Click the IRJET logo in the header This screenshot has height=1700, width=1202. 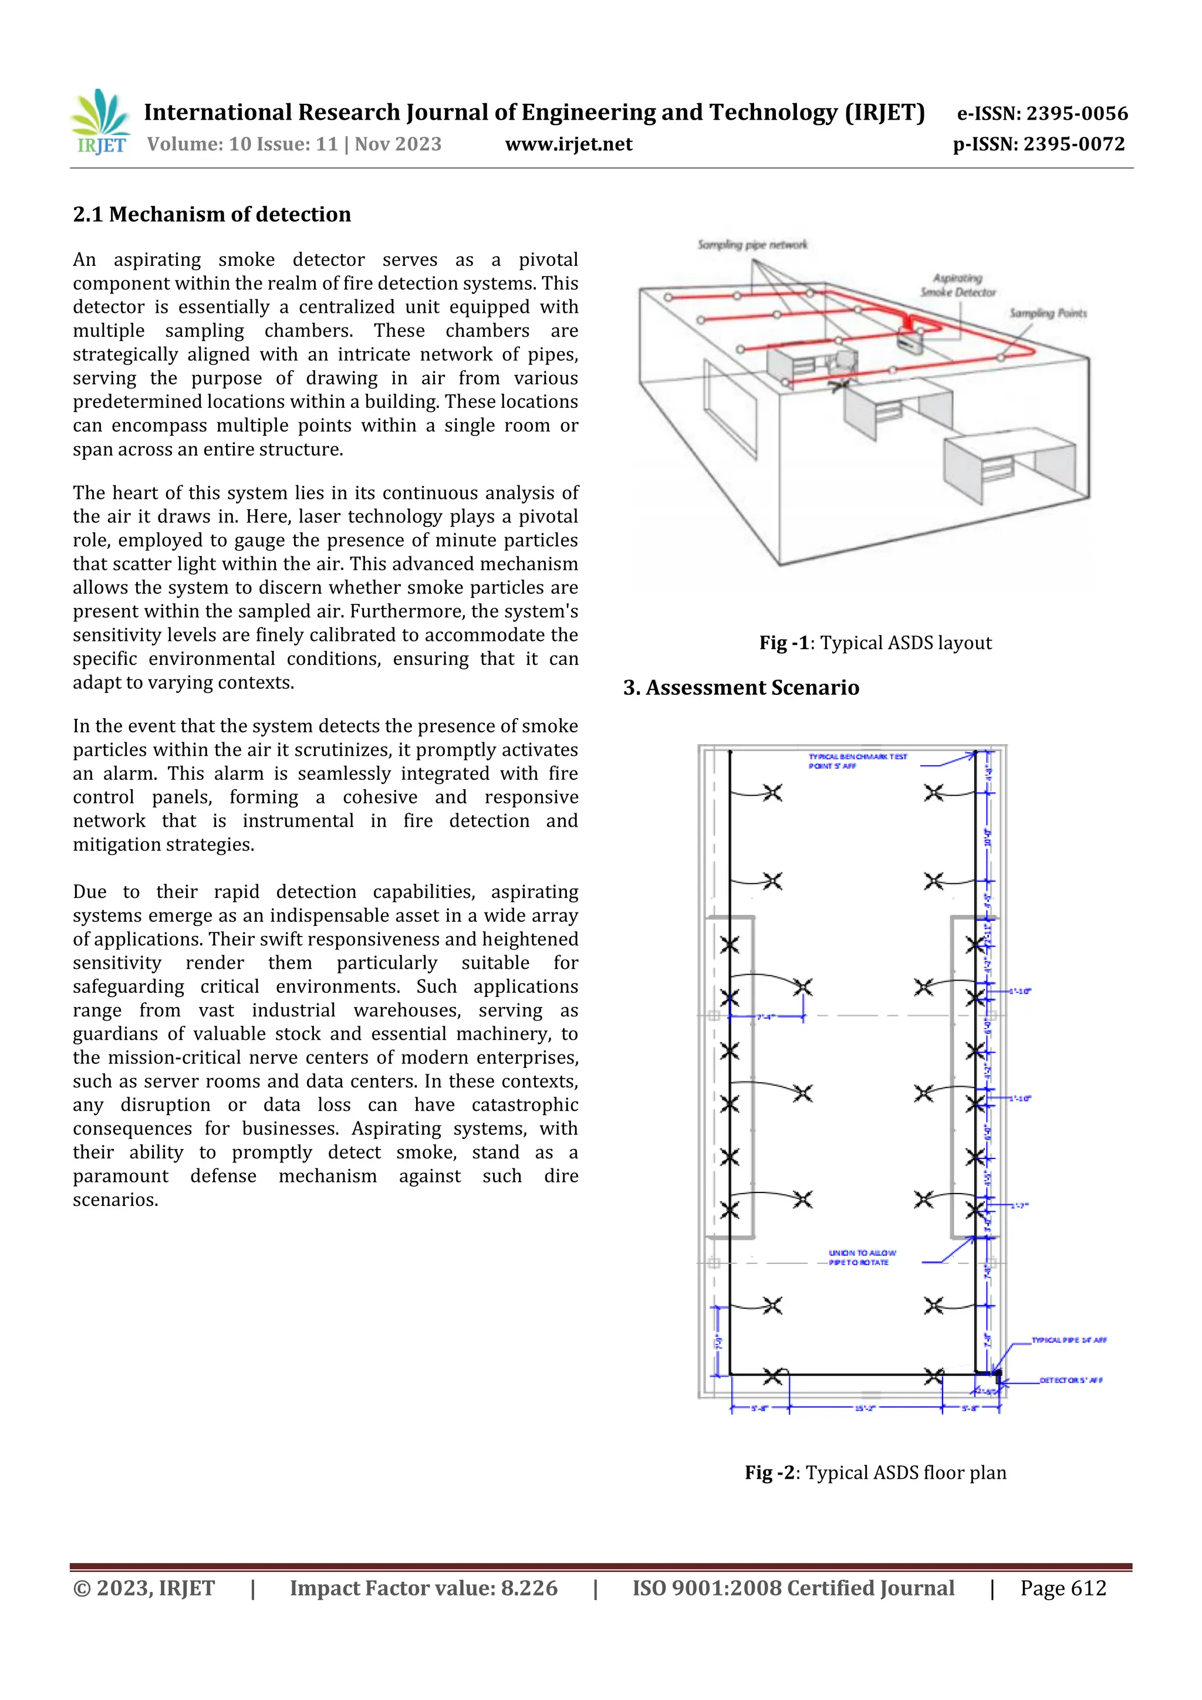click(x=101, y=122)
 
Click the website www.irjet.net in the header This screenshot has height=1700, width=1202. click(x=568, y=144)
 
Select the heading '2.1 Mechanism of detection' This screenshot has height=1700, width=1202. click(x=212, y=215)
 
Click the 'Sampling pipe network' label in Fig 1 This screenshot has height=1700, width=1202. click(x=752, y=244)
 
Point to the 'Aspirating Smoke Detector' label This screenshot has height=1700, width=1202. click(x=958, y=285)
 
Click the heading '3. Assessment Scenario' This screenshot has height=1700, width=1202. click(x=741, y=688)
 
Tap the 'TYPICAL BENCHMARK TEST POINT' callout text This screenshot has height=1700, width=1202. click(x=856, y=761)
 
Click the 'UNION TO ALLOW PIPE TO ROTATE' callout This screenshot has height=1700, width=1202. click(x=862, y=1257)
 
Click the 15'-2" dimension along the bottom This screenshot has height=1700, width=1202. click(x=865, y=1408)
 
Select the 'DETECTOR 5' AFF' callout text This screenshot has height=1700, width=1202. click(x=1070, y=1380)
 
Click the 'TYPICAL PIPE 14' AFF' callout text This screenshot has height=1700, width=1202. click(x=1069, y=1340)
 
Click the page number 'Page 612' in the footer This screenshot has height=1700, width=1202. click(x=1063, y=1588)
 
